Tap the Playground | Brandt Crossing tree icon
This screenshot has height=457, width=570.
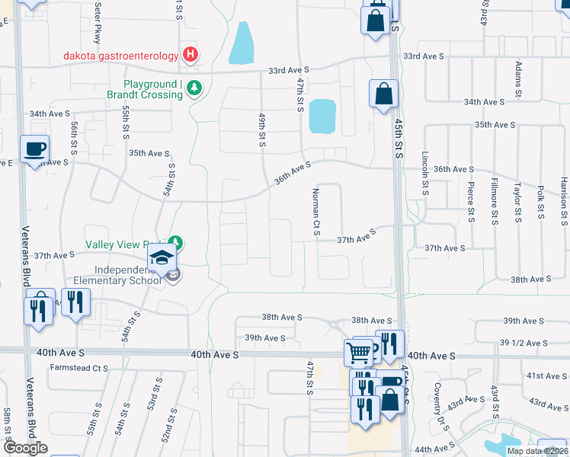point(195,89)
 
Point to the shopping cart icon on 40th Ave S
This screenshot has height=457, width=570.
point(358,352)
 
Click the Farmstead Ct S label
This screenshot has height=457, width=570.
point(79,368)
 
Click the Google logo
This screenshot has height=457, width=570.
point(25,449)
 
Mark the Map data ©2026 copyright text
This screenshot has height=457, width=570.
point(537,451)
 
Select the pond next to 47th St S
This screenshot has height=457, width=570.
point(322,116)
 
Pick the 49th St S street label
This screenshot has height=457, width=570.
point(261,129)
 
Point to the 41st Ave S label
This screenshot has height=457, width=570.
point(546,376)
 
